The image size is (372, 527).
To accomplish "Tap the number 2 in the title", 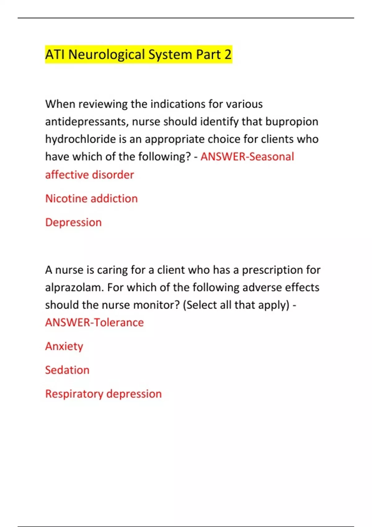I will pyautogui.click(x=228, y=55).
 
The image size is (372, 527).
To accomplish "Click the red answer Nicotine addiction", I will pyautogui.click(x=91, y=198).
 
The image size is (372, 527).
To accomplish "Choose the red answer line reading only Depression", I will pyautogui.click(x=73, y=222).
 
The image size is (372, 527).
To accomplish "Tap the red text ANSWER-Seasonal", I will pyautogui.click(x=247, y=157).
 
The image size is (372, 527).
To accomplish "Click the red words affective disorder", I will pyautogui.click(x=90, y=175).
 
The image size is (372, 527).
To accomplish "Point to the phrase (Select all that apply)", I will pyautogui.click(x=236, y=305).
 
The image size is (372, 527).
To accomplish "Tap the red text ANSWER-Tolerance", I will pyautogui.click(x=95, y=322).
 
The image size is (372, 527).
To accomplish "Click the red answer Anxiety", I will pyautogui.click(x=64, y=346).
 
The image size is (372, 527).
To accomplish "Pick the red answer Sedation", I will pyautogui.click(x=67, y=370).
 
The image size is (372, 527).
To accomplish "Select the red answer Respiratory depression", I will pyautogui.click(x=104, y=394).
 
